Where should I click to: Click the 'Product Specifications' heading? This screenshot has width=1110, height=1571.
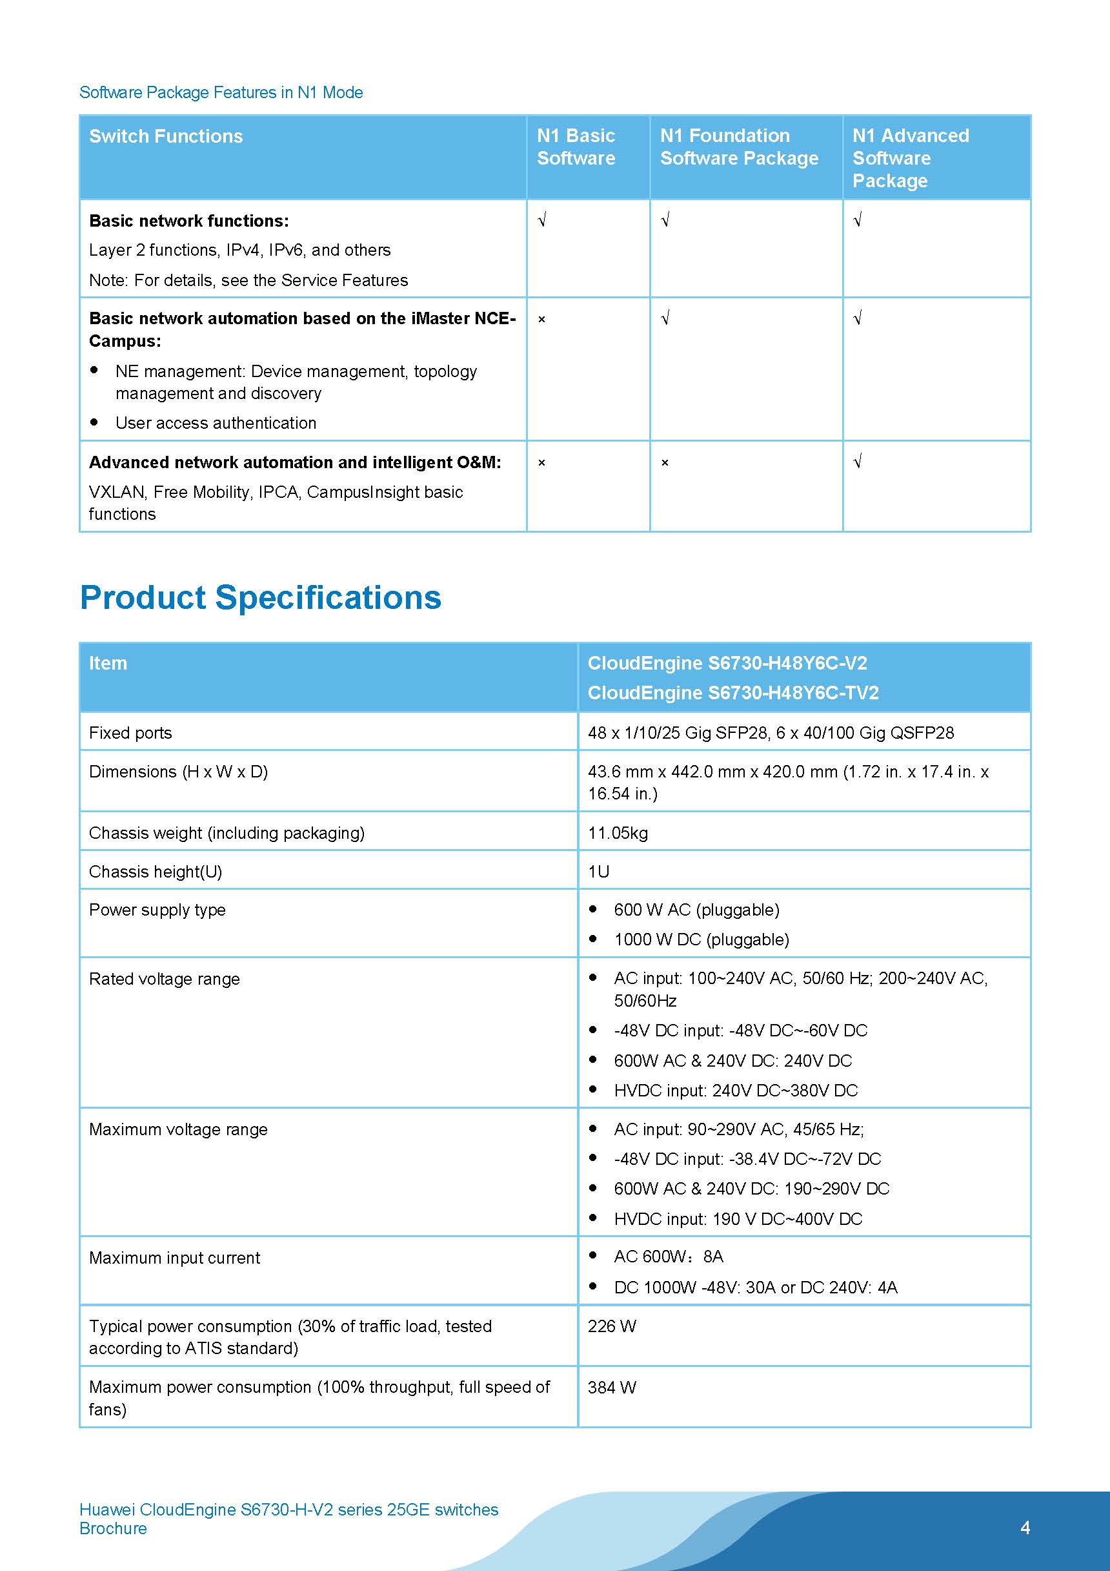261,597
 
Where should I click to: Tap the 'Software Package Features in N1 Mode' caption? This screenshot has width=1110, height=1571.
221,92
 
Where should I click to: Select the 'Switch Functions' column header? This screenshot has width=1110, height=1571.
165,136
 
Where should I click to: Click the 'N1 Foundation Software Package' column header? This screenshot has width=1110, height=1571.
739,147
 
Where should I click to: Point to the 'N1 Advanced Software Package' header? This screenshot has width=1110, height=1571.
911,158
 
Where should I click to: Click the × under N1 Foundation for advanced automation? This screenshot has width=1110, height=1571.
665,463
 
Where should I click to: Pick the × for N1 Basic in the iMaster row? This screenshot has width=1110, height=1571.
541,320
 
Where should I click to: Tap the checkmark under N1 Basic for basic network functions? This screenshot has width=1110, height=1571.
541,220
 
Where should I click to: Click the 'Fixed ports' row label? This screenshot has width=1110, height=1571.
130,733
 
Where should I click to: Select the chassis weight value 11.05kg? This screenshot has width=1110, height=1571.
618,833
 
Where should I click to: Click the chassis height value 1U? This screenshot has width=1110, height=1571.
598,872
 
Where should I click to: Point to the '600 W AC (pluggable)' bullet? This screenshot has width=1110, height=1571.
696,910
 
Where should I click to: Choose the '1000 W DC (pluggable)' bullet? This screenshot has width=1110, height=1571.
701,940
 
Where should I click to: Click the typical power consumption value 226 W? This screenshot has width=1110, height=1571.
611,1326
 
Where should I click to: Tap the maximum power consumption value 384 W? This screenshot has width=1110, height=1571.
611,1387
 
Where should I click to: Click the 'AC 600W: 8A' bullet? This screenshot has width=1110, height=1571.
668,1257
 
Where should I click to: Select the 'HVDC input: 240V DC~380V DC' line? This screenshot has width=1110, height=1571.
735,1091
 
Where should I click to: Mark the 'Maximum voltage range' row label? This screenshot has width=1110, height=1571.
178,1130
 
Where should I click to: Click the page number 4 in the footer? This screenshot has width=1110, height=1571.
1025,1528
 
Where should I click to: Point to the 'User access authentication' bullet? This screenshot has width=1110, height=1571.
216,424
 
